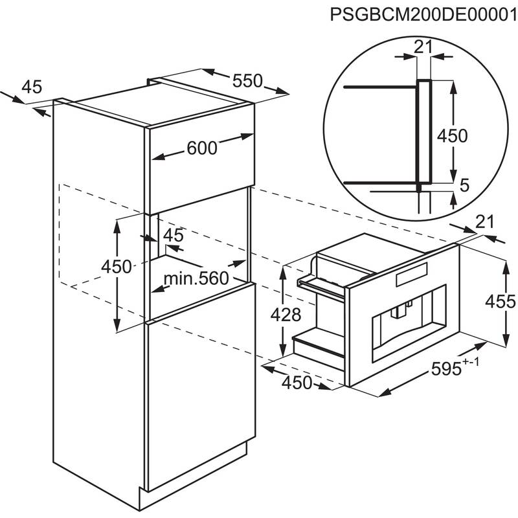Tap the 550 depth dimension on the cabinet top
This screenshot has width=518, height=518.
pyautogui.click(x=247, y=80)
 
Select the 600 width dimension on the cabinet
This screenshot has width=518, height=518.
pyautogui.click(x=201, y=148)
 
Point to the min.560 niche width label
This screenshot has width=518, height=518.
pyautogui.click(x=196, y=278)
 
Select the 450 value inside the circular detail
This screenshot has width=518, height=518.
pyautogui.click(x=453, y=136)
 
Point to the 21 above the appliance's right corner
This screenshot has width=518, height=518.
pyautogui.click(x=484, y=223)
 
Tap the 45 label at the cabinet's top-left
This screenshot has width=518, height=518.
pyautogui.click(x=31, y=86)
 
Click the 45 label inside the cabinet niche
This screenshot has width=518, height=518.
pyautogui.click(x=174, y=236)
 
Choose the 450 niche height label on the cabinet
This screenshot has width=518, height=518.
pyautogui.click(x=116, y=266)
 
